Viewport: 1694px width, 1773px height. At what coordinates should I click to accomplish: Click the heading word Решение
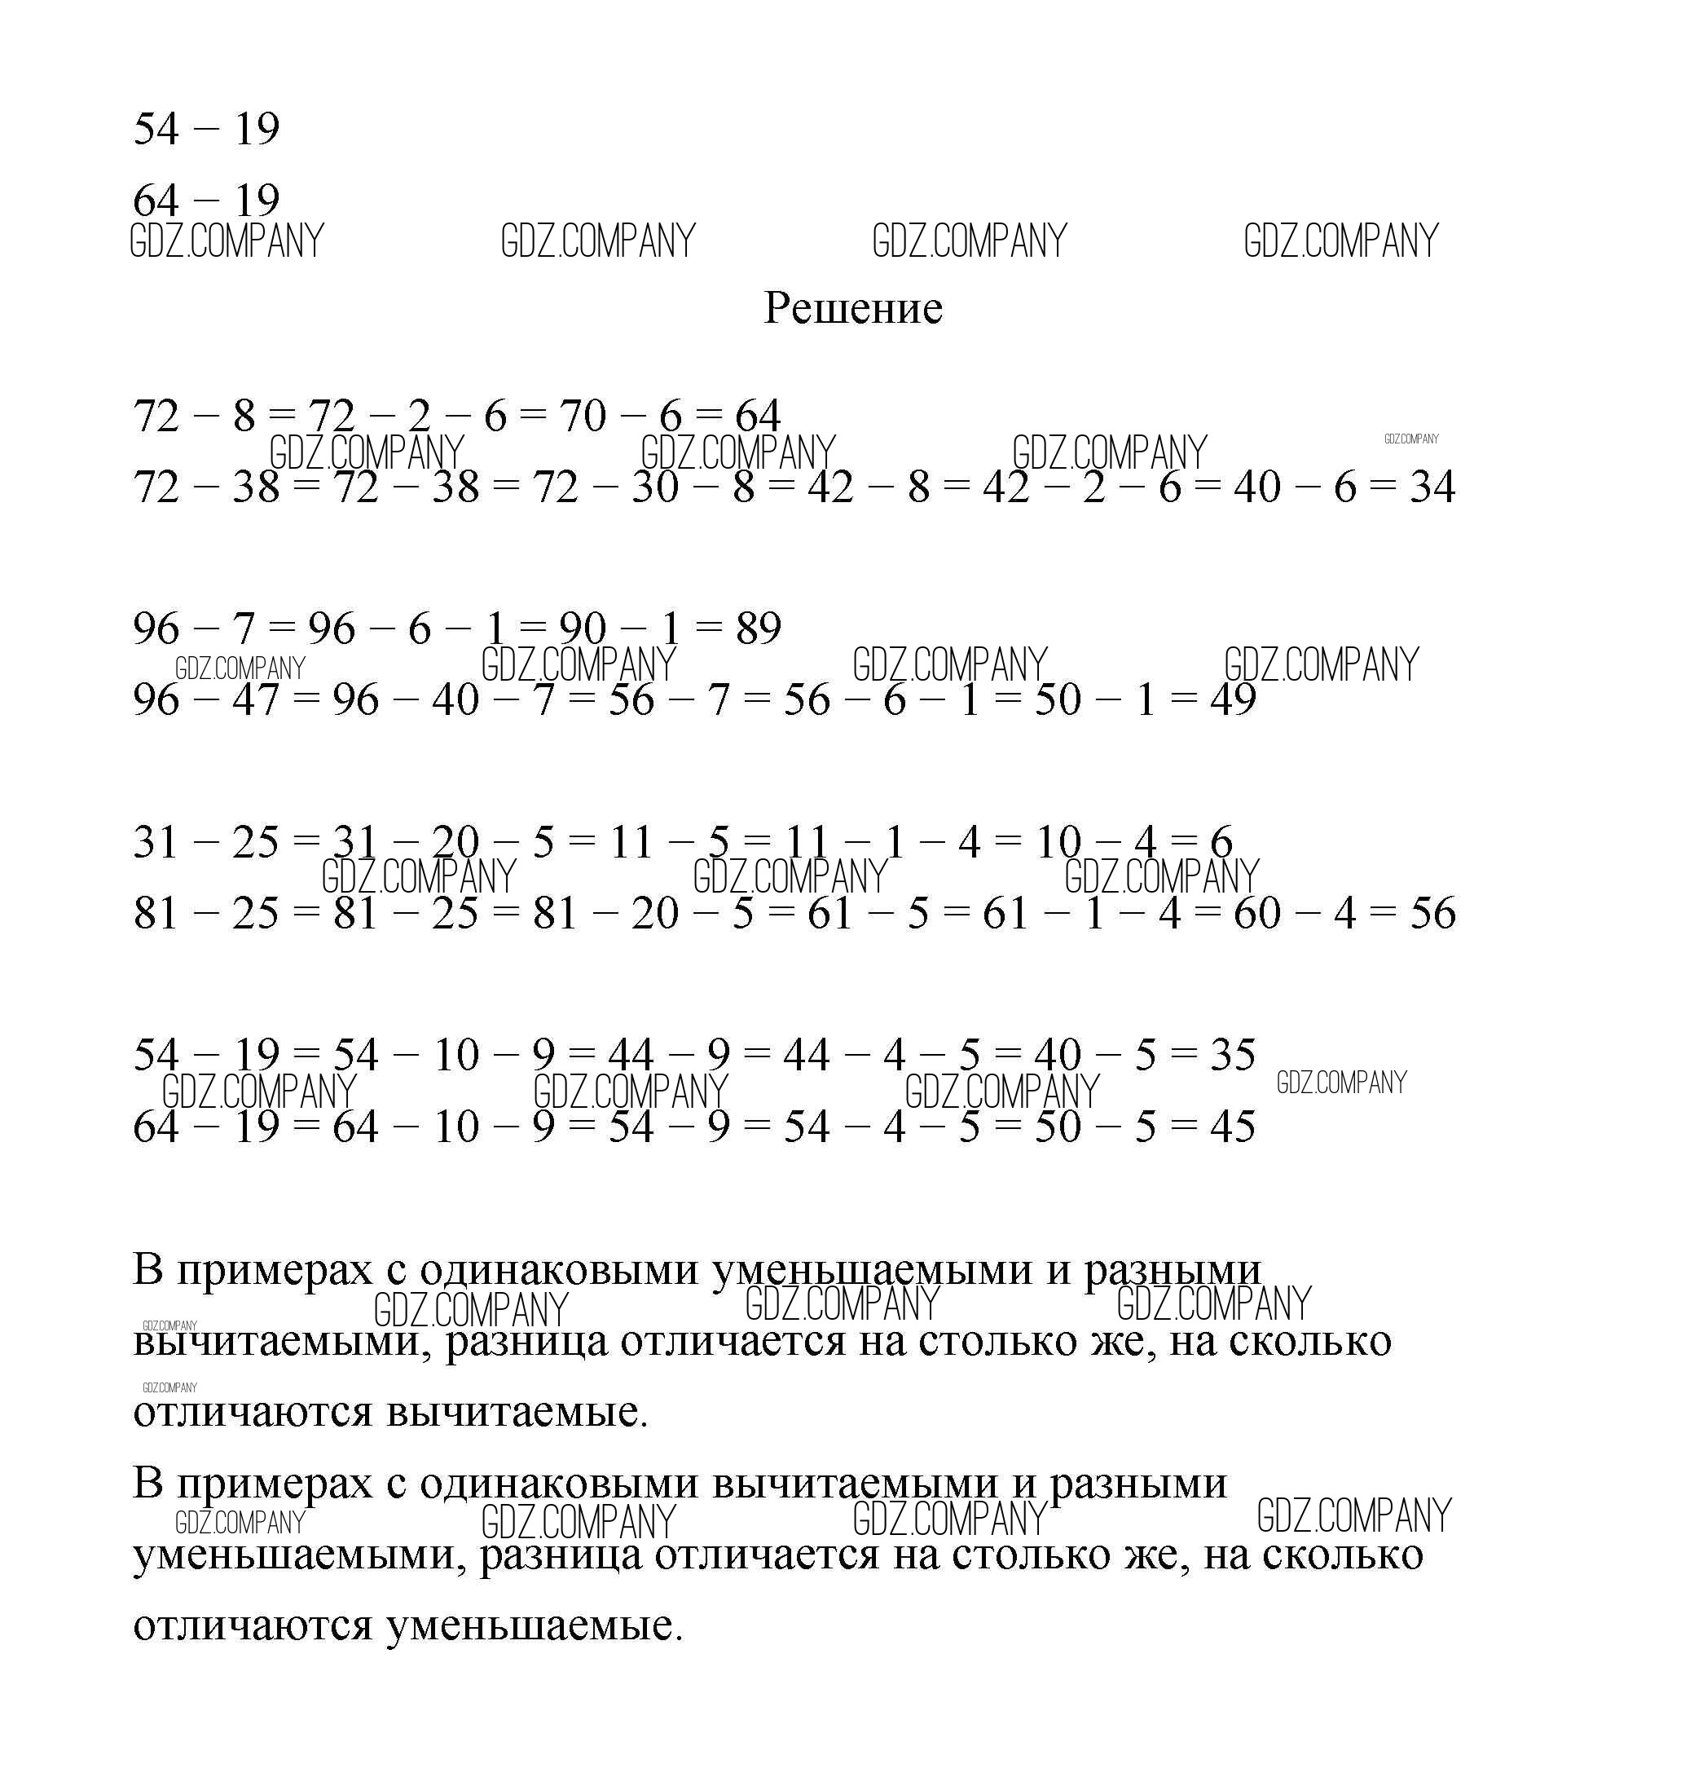852,308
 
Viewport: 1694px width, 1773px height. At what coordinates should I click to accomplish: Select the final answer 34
1432,487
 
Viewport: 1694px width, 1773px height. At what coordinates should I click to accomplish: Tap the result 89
758,628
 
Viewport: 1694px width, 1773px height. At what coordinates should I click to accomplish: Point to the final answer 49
1233,699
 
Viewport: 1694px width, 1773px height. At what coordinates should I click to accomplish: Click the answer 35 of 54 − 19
1233,1054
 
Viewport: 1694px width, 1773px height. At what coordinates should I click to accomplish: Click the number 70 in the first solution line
583,416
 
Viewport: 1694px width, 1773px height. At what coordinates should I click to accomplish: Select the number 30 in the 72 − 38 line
654,487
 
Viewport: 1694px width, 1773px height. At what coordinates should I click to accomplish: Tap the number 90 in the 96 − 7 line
583,628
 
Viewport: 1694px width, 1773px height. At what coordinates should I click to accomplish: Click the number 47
256,699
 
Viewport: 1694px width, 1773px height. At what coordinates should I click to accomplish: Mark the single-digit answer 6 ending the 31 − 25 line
1221,842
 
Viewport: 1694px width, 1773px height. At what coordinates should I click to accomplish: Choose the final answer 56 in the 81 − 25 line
1432,912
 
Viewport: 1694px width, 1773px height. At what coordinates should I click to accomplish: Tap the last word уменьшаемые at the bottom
534,1625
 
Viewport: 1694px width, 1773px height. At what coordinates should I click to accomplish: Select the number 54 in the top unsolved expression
156,128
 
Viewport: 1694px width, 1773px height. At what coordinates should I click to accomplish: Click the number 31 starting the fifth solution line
156,842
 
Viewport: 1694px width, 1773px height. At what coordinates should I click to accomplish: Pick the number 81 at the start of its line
156,912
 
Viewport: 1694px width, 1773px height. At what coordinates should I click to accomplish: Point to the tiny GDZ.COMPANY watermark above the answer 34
1410,439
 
